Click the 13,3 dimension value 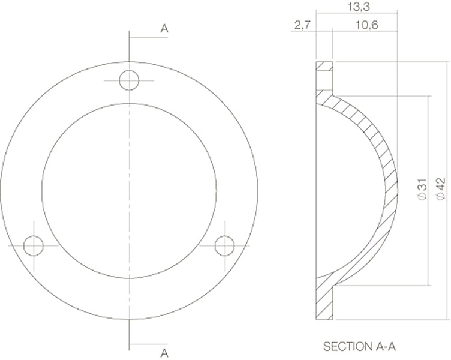tap(359, 7)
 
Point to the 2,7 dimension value tap(302, 25)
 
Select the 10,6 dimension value tap(366, 25)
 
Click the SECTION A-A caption tap(359, 346)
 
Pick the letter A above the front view tap(164, 28)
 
